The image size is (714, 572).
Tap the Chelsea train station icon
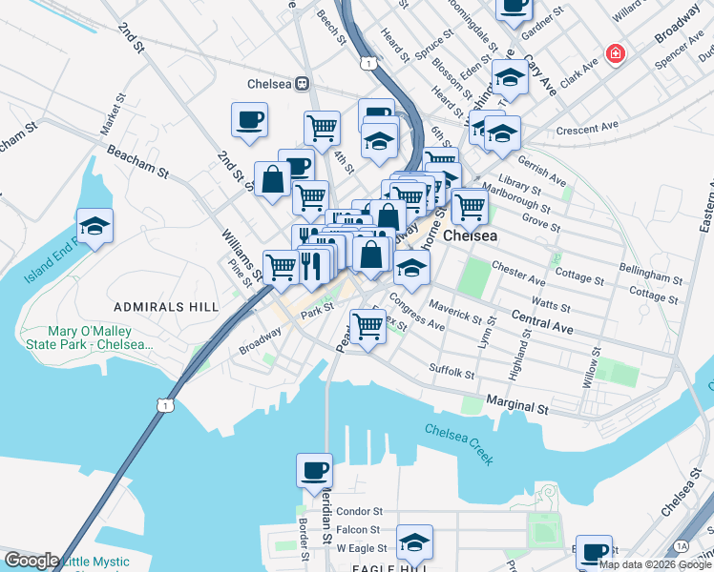coord(303,82)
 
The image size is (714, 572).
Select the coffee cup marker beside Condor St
coord(314,471)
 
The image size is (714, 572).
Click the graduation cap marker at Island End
coord(94,226)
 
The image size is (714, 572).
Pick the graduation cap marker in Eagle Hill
coord(414,542)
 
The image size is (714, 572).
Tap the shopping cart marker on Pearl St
coord(367,326)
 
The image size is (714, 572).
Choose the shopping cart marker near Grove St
coord(470,205)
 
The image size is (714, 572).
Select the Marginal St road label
coord(517,406)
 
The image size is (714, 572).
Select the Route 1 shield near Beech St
coord(367,63)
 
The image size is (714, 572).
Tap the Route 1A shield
coord(681,545)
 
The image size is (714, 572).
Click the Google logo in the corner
coord(31,561)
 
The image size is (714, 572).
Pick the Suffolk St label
coord(451,370)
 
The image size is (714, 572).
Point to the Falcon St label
coord(359,529)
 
